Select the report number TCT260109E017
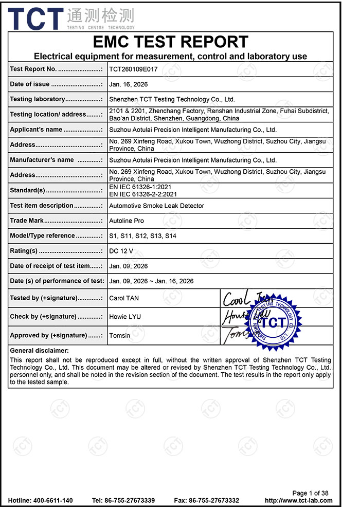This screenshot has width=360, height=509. (x=133, y=69)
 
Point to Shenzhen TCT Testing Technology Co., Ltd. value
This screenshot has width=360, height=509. (x=172, y=99)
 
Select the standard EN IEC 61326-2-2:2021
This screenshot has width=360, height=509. (x=143, y=194)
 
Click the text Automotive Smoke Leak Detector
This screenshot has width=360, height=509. (x=156, y=206)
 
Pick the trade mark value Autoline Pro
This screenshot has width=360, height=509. (x=127, y=221)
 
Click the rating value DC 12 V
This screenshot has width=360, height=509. (x=121, y=251)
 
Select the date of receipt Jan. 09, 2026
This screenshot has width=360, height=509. (x=128, y=266)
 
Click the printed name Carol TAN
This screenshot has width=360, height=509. (x=124, y=298)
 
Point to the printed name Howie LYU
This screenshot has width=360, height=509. (x=125, y=317)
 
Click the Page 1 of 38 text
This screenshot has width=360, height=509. (x=310, y=493)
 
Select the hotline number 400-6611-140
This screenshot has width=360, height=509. (x=52, y=501)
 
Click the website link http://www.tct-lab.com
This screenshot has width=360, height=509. (x=298, y=501)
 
